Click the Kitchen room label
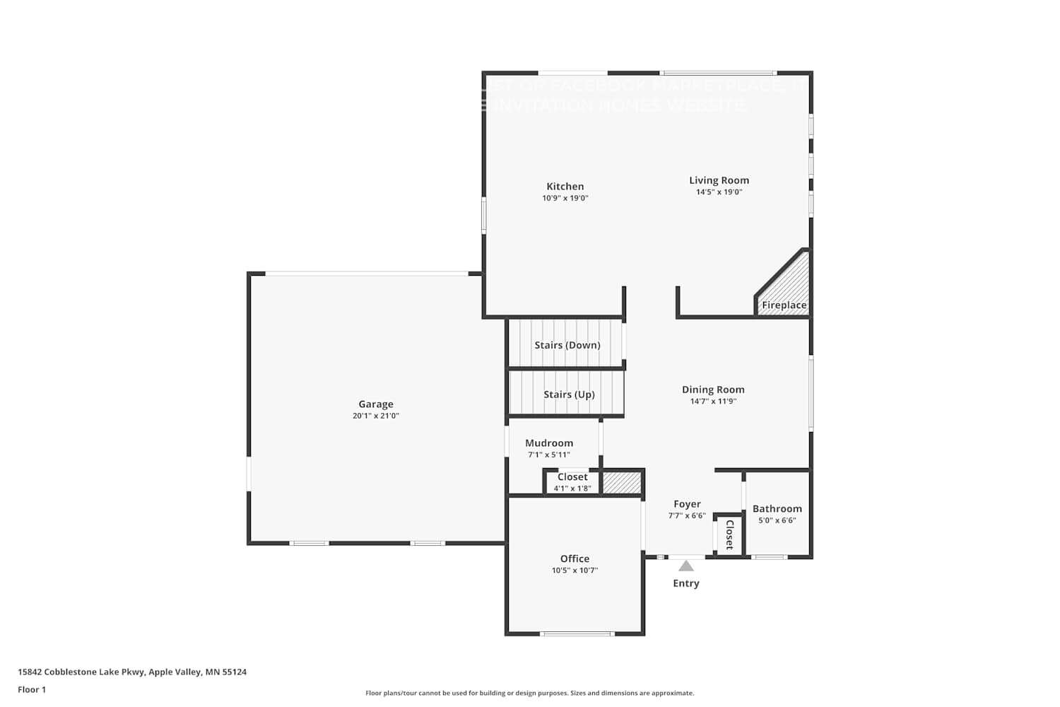[x=565, y=187]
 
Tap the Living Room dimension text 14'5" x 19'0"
[x=719, y=192]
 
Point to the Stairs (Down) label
[x=567, y=345]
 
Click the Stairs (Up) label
[x=569, y=395]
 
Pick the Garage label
[x=375, y=404]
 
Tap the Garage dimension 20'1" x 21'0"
[x=375, y=416]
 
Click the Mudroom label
[x=549, y=443]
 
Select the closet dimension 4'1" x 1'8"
[x=572, y=489]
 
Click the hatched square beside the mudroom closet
[x=621, y=483]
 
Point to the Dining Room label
[x=713, y=390]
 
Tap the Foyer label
[x=687, y=504]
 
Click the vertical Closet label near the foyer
[x=729, y=534]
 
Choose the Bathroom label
[x=777, y=509]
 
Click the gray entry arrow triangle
[x=686, y=566]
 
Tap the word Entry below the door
[x=686, y=583]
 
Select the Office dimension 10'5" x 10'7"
[x=575, y=571]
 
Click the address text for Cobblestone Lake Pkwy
[x=132, y=672]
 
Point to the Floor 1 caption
[x=32, y=690]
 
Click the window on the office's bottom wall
[x=577, y=633]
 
